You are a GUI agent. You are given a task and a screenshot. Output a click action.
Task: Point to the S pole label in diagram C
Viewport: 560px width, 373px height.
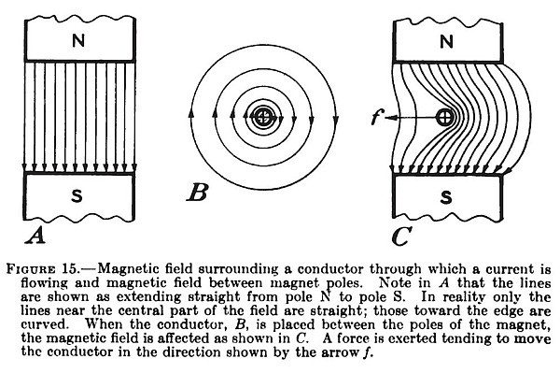(x=446, y=198)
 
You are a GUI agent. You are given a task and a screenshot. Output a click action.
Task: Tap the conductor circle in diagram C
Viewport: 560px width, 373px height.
(x=446, y=118)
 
